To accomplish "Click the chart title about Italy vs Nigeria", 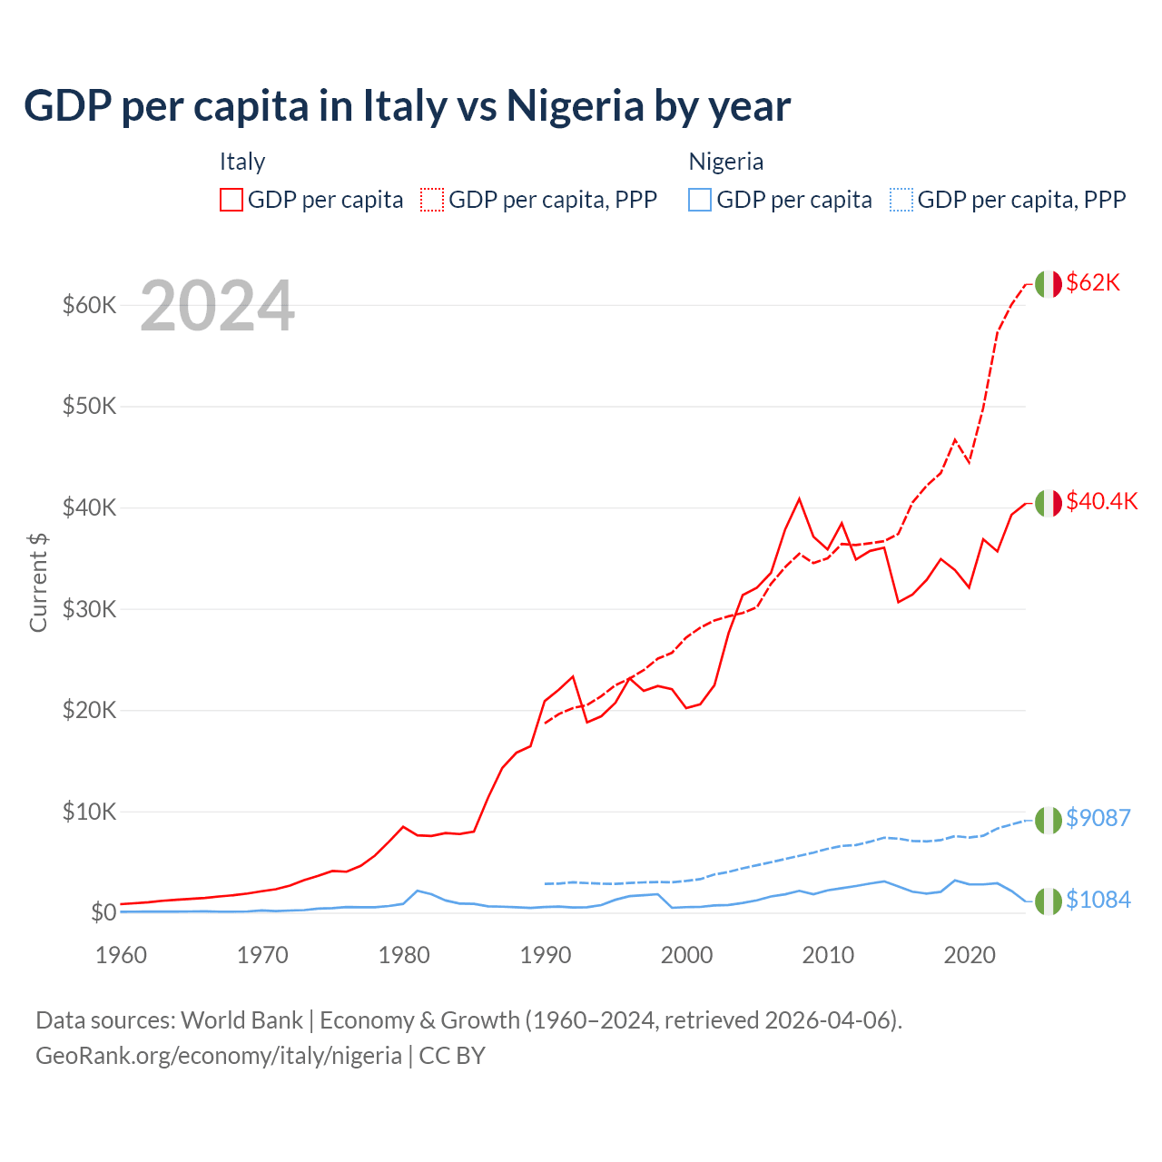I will pyautogui.click(x=407, y=106).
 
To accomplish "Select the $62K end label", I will pyautogui.click(x=1093, y=282).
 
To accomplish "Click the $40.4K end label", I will pyautogui.click(x=1101, y=501).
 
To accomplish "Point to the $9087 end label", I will pyautogui.click(x=1098, y=818).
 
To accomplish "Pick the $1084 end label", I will pyautogui.click(x=1098, y=900).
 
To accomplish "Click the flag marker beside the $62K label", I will pyautogui.click(x=1049, y=284).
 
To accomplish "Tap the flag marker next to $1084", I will pyautogui.click(x=1049, y=901).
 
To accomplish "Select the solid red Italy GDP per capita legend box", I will pyautogui.click(x=231, y=200).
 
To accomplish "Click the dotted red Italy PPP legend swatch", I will pyautogui.click(x=432, y=200).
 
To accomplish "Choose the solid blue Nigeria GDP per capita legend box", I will pyautogui.click(x=700, y=200).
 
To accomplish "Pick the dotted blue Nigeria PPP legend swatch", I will pyautogui.click(x=901, y=200).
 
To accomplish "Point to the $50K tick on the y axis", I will pyautogui.click(x=90, y=406).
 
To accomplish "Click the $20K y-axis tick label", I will pyautogui.click(x=90, y=710).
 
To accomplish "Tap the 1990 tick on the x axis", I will pyautogui.click(x=546, y=955).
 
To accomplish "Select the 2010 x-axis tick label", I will pyautogui.click(x=828, y=955).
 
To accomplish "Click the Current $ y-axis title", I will pyautogui.click(x=38, y=582).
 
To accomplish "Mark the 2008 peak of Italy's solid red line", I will pyautogui.click(x=799, y=498).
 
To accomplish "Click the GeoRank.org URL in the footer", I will pyautogui.click(x=219, y=1056).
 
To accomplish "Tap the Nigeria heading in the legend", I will pyautogui.click(x=725, y=162).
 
